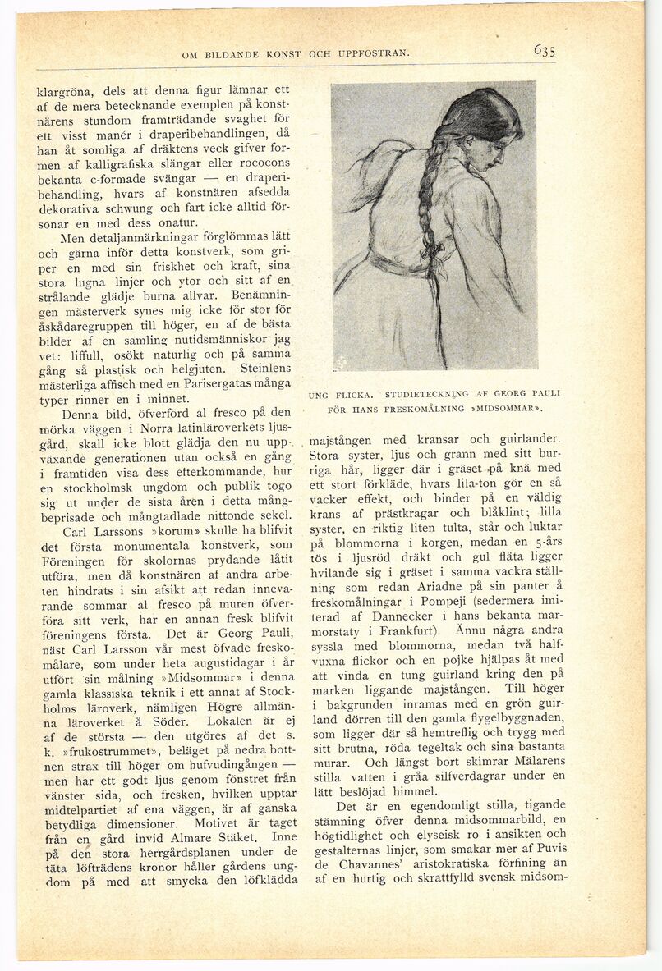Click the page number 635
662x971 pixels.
pyautogui.click(x=544, y=50)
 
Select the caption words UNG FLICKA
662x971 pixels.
pyautogui.click(x=336, y=395)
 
